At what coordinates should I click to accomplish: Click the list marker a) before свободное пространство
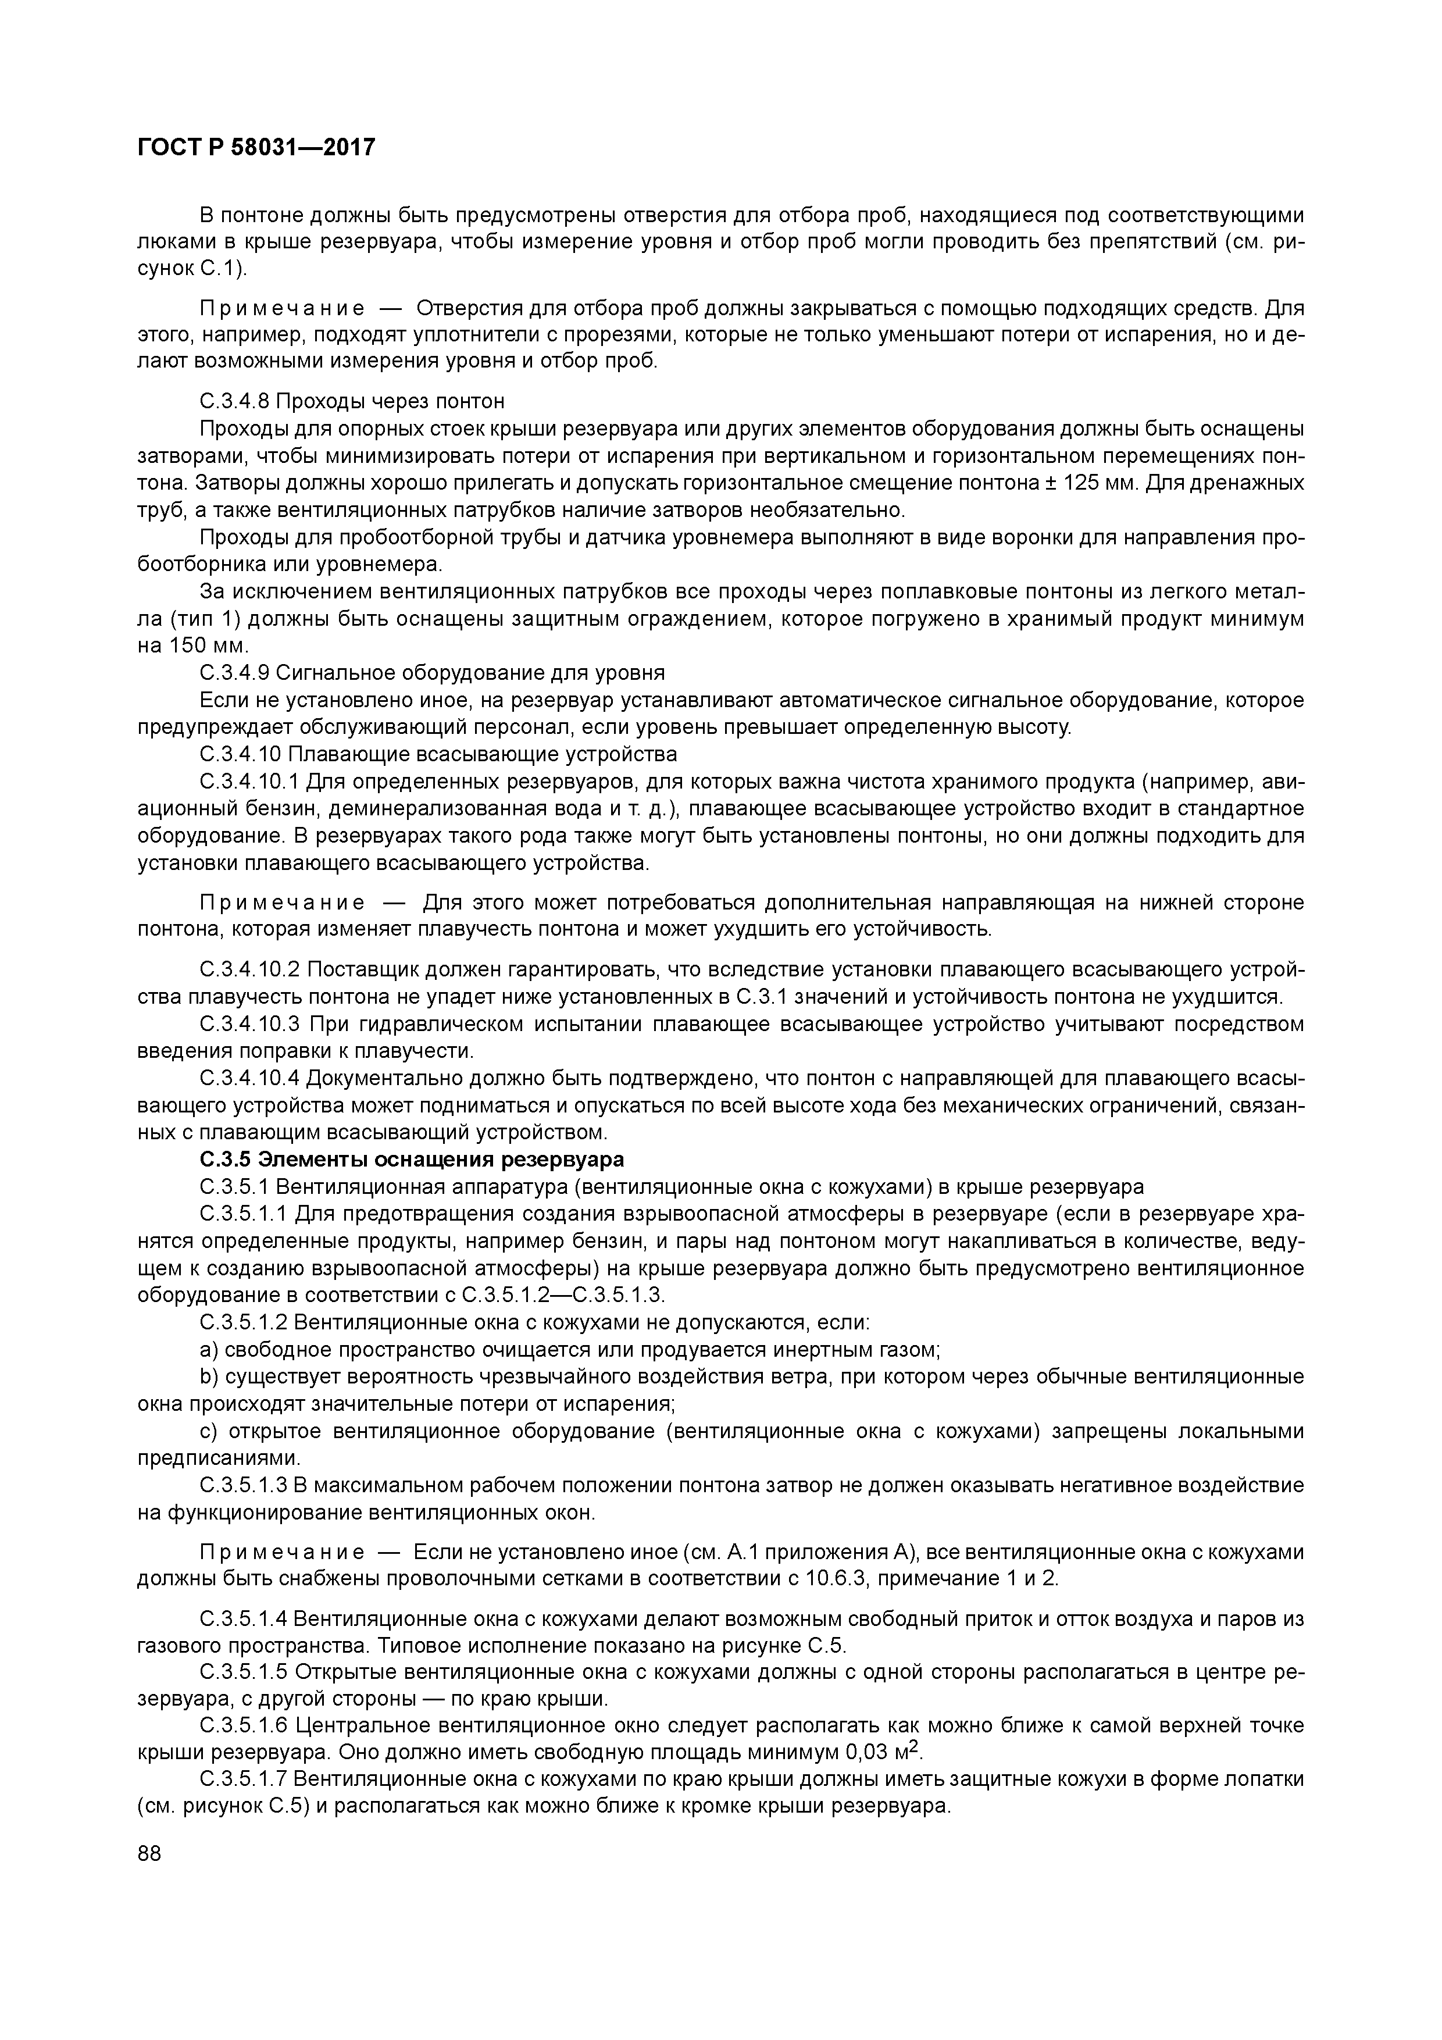(x=209, y=1350)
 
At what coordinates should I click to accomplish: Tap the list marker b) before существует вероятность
(x=209, y=1377)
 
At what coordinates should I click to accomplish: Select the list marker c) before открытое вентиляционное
(x=209, y=1431)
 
